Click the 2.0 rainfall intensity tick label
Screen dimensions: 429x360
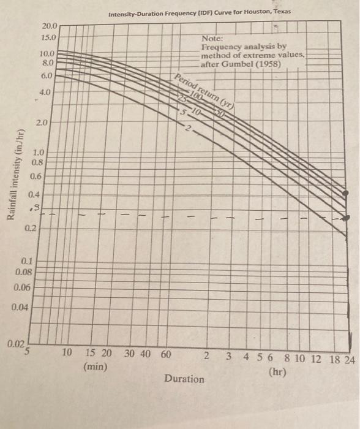tap(42, 123)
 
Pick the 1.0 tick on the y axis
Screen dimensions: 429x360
tap(38, 153)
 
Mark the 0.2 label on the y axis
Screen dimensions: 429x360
tap(31, 229)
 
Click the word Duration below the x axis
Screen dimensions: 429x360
tap(184, 379)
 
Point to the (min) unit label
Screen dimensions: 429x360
tap(95, 367)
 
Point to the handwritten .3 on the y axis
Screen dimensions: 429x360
tap(36, 209)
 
